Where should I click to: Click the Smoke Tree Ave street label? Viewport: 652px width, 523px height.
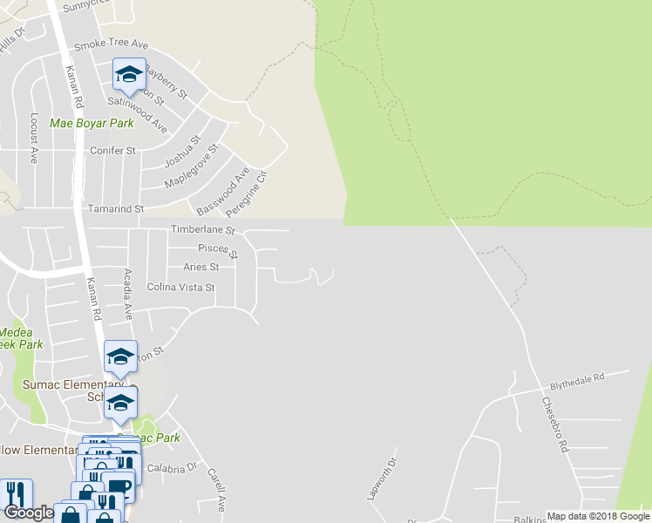[111, 44]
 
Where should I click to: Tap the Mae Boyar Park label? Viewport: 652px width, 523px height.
[92, 123]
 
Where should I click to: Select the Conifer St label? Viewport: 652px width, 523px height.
[113, 150]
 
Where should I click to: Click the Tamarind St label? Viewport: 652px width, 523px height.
[116, 209]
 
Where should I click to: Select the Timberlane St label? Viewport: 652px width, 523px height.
[203, 230]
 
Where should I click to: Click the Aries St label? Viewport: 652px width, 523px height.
[200, 267]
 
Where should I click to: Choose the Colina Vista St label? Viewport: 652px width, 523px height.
[180, 286]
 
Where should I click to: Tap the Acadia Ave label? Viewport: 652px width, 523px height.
[127, 294]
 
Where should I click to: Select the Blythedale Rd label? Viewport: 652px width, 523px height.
[576, 380]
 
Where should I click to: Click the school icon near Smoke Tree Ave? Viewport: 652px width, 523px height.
[129, 73]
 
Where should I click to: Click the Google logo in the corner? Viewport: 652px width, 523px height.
[29, 513]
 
